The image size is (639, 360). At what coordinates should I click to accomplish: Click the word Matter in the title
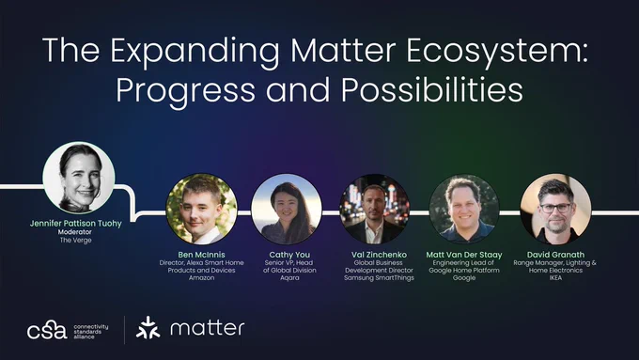pos(343,51)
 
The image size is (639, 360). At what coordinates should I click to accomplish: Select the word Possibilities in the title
pos(432,89)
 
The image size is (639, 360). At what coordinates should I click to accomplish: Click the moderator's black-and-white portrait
pos(79,178)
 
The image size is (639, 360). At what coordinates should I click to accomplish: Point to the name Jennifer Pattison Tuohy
pos(76,224)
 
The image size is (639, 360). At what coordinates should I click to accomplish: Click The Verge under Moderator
pos(76,240)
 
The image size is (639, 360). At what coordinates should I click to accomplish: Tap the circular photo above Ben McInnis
pos(202,210)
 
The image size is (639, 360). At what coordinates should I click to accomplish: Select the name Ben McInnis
pos(201,255)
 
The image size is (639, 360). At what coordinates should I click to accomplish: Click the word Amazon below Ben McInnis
pos(201,277)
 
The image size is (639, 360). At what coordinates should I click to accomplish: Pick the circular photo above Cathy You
pos(287,210)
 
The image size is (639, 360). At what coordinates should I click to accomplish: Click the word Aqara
pos(289,277)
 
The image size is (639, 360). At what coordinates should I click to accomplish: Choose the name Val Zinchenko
pos(379,255)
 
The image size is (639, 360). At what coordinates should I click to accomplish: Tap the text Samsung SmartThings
pos(379,277)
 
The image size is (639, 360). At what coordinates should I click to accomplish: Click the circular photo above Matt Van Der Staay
pos(464,210)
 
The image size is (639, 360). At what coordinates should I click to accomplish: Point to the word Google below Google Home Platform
pos(464,277)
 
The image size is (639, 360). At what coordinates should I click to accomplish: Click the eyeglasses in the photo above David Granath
pos(555,208)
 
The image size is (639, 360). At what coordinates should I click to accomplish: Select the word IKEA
pos(555,277)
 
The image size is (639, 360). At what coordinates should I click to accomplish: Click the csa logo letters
pos(47,331)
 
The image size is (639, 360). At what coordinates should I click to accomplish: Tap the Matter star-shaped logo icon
pos(148,328)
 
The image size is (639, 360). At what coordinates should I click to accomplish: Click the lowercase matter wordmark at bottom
pos(208,328)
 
